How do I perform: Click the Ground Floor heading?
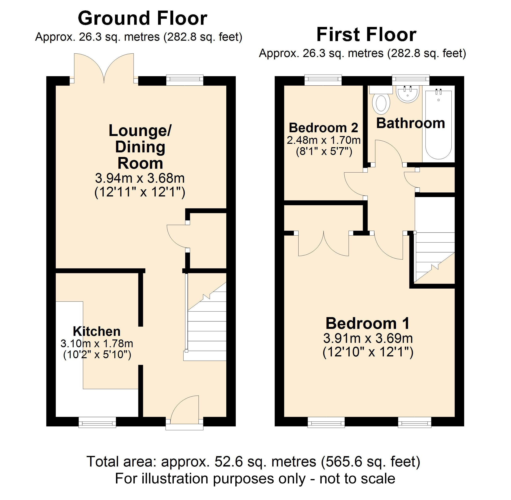pyautogui.click(x=142, y=18)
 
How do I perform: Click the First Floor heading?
pyautogui.click(x=366, y=35)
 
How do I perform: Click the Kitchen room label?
pyautogui.click(x=97, y=331)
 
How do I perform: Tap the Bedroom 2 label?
pyautogui.click(x=323, y=128)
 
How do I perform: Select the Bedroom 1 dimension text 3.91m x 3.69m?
pyautogui.click(x=368, y=338)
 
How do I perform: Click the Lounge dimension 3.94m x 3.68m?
pyautogui.click(x=140, y=178)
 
